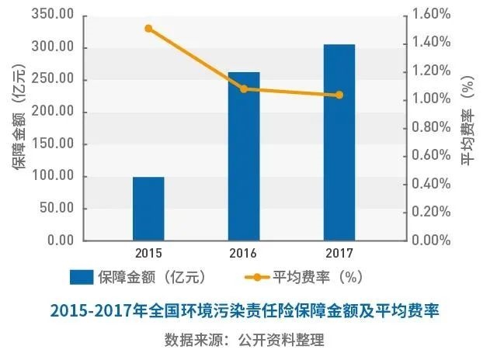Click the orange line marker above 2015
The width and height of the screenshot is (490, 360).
(148, 29)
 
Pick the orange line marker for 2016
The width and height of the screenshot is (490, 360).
(244, 89)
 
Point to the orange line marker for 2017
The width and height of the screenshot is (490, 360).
(339, 95)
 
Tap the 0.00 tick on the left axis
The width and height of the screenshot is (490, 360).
(58, 241)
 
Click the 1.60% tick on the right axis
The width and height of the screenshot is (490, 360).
(432, 15)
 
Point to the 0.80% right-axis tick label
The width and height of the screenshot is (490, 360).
(432, 127)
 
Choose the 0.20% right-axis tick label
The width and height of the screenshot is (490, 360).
(432, 212)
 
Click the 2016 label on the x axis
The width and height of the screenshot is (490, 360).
(244, 253)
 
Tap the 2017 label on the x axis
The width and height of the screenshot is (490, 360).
(339, 253)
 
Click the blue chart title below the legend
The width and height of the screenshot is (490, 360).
(245, 312)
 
